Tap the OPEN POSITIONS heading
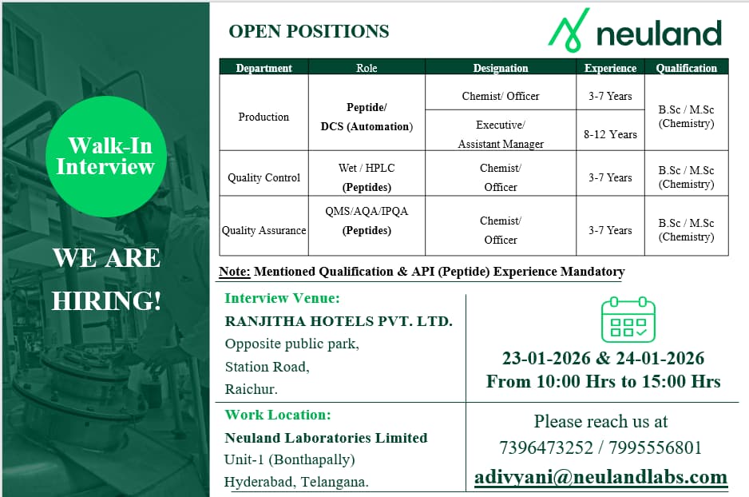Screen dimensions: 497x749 (x=308, y=31)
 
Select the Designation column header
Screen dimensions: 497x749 (x=501, y=68)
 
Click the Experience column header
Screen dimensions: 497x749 (x=610, y=68)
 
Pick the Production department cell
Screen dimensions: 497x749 (x=264, y=117)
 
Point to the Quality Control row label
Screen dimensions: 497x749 (x=264, y=177)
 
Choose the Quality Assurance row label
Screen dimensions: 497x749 (x=264, y=230)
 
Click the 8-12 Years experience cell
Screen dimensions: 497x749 (x=610, y=134)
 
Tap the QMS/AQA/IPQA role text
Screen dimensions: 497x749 (x=367, y=212)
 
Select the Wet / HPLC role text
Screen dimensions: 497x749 (x=367, y=168)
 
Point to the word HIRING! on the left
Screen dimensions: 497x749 (x=106, y=300)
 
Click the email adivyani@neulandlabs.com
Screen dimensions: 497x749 (x=600, y=477)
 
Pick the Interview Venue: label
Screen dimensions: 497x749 (x=282, y=298)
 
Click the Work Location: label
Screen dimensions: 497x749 (x=277, y=415)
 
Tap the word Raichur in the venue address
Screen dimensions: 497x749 (x=251, y=390)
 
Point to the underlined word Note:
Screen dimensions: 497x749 (x=235, y=272)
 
